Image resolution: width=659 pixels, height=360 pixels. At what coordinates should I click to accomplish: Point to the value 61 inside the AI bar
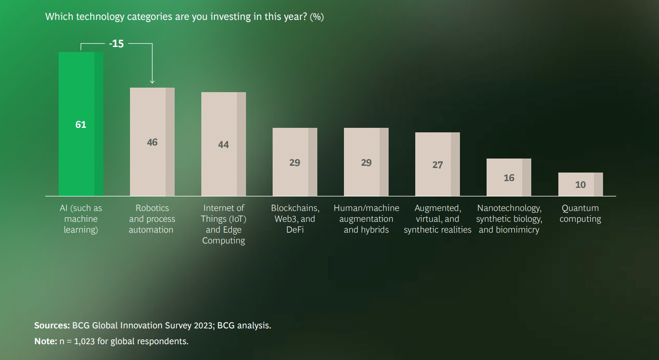pos(81,125)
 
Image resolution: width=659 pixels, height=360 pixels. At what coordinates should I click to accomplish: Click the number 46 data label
pos(152,142)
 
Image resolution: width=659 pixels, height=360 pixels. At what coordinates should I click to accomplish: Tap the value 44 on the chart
pos(223,145)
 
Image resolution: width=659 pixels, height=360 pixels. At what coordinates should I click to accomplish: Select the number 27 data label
pos(437,165)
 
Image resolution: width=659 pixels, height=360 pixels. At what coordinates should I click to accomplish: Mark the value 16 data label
pos(509,178)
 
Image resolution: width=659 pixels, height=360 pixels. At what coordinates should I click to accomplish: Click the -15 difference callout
pos(116,44)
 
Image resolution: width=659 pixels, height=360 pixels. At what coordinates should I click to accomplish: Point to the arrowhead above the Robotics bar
pos(152,81)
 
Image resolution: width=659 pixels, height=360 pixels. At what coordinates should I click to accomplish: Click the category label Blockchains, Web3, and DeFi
pos(295,219)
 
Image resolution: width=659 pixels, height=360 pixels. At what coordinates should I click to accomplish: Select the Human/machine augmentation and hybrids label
pos(366,219)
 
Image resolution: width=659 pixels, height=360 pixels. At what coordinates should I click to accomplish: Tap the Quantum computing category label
pos(580,214)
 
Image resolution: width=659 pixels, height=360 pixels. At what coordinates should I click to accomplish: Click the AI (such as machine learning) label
pos(81,219)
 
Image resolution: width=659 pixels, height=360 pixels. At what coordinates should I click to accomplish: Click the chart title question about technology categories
pos(184,17)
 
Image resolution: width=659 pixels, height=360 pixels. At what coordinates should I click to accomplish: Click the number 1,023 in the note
pos(83,341)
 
